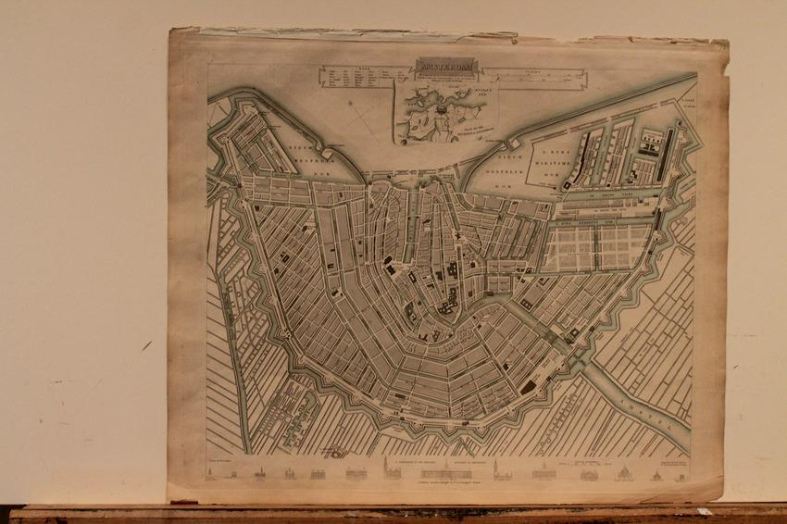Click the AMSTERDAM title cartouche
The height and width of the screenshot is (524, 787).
point(441,68)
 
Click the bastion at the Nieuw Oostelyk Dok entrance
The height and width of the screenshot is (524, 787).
point(512,143)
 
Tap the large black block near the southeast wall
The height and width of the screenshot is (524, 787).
point(529,387)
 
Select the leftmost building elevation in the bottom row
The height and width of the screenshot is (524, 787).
point(212,474)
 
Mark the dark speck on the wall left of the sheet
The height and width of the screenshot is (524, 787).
point(146,345)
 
